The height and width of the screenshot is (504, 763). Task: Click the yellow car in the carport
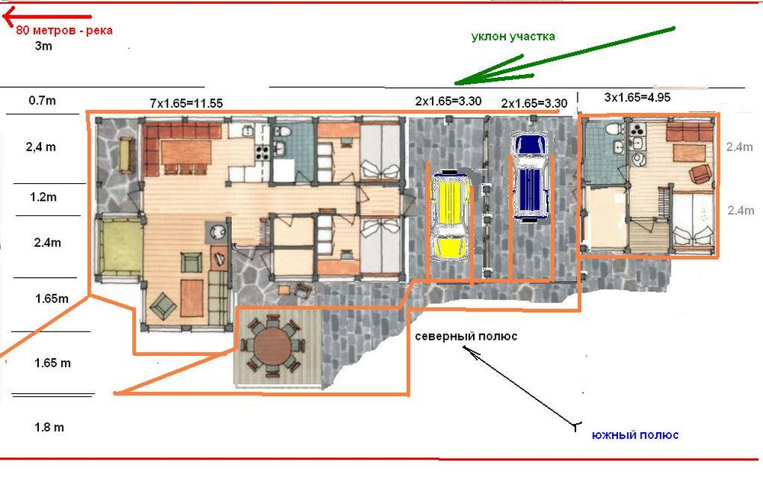point(451,215)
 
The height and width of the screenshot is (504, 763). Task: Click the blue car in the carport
point(530,178)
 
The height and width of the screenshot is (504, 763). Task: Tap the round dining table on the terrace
point(273,345)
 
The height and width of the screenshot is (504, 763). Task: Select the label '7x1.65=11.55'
point(186,103)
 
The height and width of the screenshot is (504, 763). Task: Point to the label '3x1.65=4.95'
point(637,97)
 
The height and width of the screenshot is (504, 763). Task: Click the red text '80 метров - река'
point(64,31)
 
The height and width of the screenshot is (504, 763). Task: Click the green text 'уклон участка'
point(513,37)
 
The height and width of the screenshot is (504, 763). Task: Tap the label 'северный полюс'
point(466,336)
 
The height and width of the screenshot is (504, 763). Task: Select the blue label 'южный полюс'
point(635,435)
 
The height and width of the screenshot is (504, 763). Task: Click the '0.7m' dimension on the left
point(42,100)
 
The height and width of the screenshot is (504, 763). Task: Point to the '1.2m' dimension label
point(43,197)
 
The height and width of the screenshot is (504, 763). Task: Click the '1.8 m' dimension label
point(49,427)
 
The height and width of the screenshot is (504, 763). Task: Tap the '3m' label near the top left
point(43,46)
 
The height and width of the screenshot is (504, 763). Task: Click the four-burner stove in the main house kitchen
point(262,153)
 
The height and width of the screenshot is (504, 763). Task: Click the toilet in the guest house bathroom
point(613,128)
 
